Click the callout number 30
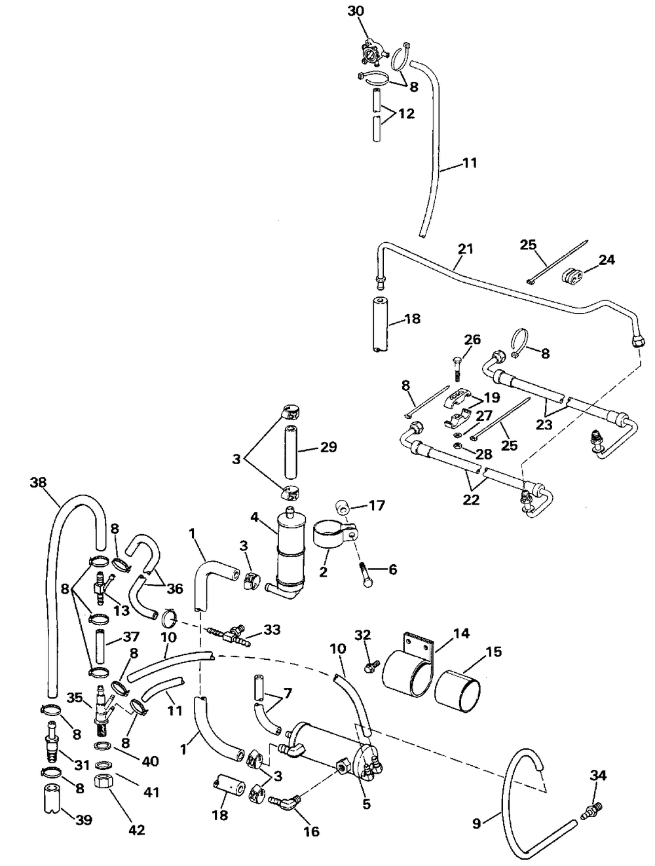click(355, 11)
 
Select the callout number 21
click(465, 249)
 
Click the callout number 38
click(38, 482)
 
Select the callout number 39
click(84, 820)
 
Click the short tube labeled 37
click(101, 644)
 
